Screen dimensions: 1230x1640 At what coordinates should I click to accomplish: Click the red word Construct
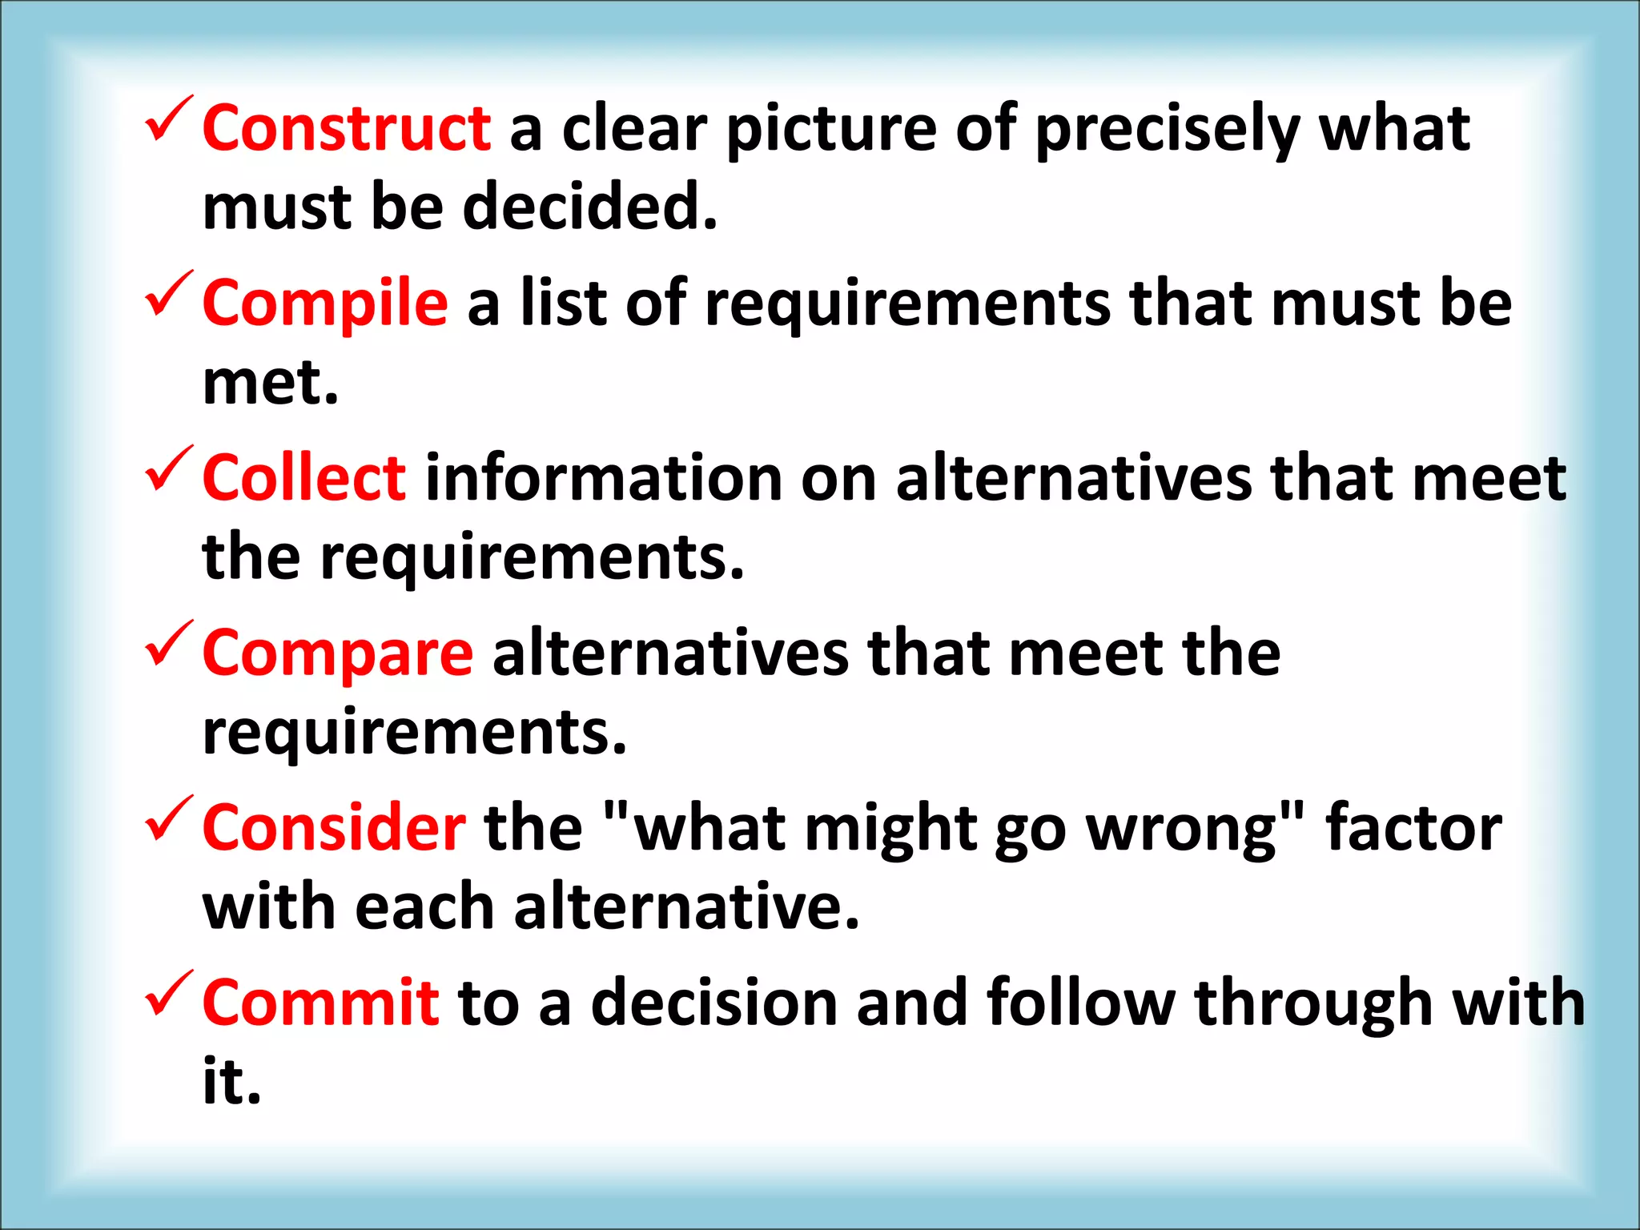click(x=346, y=128)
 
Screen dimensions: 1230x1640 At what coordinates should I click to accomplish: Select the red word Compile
click(x=325, y=303)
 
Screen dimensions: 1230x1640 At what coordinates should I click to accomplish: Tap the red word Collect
click(x=304, y=478)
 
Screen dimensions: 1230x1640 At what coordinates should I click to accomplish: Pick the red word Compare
click(x=338, y=653)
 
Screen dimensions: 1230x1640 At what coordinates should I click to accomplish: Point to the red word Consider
click(x=333, y=828)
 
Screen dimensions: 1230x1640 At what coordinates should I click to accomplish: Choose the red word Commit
click(x=320, y=1003)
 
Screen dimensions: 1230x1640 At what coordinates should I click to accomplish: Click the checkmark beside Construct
click(x=168, y=120)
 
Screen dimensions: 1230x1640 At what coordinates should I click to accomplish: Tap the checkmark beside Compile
click(x=168, y=295)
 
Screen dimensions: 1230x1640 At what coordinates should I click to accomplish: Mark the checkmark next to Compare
click(x=168, y=645)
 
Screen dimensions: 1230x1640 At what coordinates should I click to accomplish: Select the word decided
click(x=589, y=207)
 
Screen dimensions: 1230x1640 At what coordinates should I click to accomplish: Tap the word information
click(x=603, y=478)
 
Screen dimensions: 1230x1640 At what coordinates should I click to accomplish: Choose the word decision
click(x=714, y=1003)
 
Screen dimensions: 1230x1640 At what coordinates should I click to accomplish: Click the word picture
click(x=831, y=130)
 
